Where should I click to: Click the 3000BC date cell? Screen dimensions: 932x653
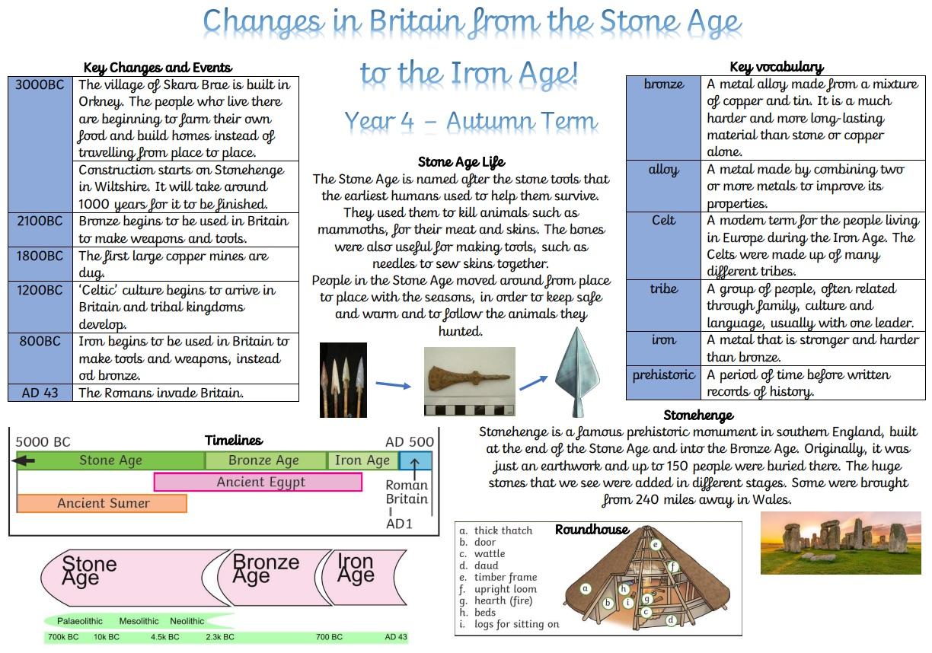point(40,145)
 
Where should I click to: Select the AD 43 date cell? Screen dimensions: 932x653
point(40,393)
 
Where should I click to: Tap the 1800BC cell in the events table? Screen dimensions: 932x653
point(40,264)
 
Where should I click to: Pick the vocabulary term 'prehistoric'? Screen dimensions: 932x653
point(664,374)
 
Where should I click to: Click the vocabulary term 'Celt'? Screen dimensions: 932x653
point(664,220)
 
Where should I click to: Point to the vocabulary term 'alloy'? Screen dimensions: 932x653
point(664,169)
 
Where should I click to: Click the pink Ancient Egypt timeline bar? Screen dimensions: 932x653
point(258,482)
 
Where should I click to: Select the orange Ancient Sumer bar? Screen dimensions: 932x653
point(102,503)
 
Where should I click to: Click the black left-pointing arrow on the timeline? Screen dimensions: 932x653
point(24,460)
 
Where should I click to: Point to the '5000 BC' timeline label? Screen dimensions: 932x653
point(43,441)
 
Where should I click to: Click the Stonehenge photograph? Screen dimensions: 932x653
point(841,543)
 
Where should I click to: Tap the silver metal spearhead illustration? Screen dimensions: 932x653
point(577,372)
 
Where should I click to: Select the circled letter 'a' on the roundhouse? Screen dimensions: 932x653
point(586,588)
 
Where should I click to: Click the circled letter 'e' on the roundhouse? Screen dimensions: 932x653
point(656,544)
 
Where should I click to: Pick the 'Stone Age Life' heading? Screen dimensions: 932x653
point(461,162)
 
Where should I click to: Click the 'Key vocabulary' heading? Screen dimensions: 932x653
point(777,66)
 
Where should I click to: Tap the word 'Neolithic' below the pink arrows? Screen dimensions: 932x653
point(187,621)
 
